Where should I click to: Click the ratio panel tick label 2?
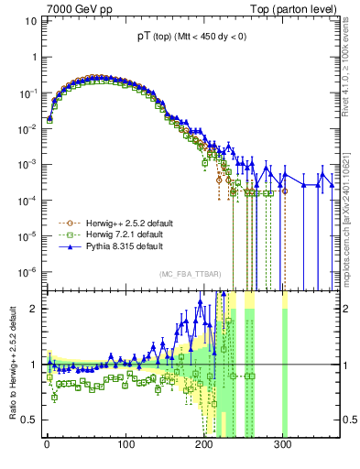(x=33, y=309)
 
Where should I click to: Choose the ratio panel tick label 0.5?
(x=29, y=420)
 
